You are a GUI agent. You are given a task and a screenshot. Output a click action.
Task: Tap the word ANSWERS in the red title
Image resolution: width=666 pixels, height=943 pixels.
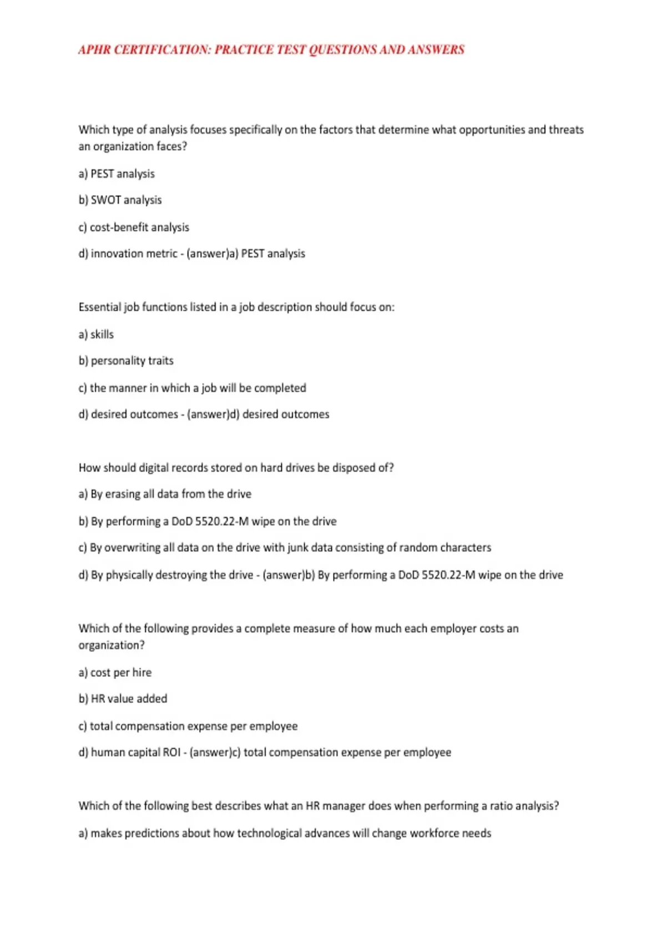tap(436, 50)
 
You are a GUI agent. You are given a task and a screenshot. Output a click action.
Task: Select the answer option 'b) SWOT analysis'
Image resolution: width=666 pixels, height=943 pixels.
tap(120, 200)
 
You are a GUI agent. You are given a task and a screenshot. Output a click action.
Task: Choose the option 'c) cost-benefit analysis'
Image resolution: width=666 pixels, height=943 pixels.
tap(134, 227)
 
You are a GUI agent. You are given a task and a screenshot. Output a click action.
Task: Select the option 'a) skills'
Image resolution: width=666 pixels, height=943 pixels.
tap(96, 334)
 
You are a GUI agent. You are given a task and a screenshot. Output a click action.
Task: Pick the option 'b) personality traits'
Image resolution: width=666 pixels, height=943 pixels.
tap(126, 361)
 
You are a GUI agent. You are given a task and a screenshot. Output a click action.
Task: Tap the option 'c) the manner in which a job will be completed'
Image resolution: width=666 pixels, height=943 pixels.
tap(192, 388)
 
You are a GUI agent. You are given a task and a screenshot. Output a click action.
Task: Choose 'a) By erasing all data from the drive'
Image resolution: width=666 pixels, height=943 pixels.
tap(165, 494)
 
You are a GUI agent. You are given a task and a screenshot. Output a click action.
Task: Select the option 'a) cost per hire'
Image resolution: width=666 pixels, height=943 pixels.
tap(115, 673)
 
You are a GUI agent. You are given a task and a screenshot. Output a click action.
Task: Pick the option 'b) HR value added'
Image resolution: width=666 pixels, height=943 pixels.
tap(123, 699)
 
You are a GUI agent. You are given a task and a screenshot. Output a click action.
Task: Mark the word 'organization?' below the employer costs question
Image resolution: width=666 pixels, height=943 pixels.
tap(112, 646)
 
